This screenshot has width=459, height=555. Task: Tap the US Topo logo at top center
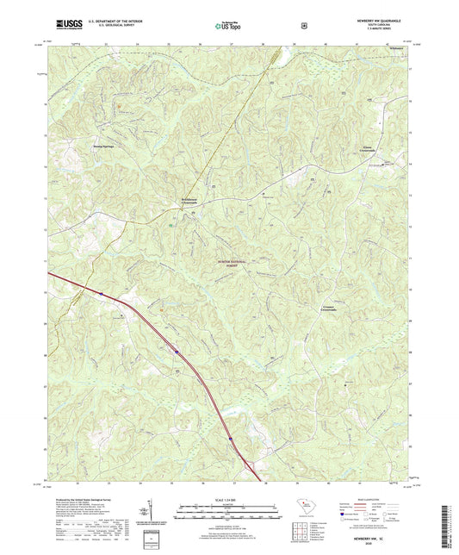pyautogui.click(x=228, y=26)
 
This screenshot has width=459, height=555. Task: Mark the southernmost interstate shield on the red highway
pyautogui.click(x=230, y=440)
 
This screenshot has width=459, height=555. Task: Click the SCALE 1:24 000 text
pyautogui.click(x=228, y=502)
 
